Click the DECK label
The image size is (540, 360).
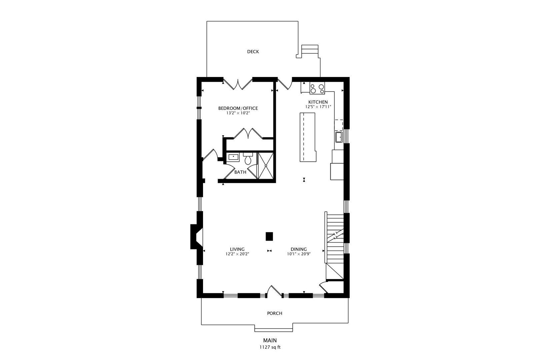click(253, 52)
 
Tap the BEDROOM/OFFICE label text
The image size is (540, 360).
click(238, 108)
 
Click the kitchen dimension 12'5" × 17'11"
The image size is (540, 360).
click(318, 107)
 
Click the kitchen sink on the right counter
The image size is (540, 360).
click(339, 137)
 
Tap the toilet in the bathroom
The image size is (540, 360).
click(248, 159)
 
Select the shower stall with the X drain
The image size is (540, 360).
click(266, 166)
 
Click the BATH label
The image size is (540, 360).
click(240, 172)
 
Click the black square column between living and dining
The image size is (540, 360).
click(269, 236)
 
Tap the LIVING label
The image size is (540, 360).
click(237, 249)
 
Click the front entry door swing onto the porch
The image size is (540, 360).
click(274, 291)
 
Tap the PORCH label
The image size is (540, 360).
click(274, 313)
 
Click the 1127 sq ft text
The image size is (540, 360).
click(270, 347)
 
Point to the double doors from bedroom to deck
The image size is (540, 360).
click(237, 84)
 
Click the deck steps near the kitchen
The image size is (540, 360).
click(310, 51)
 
